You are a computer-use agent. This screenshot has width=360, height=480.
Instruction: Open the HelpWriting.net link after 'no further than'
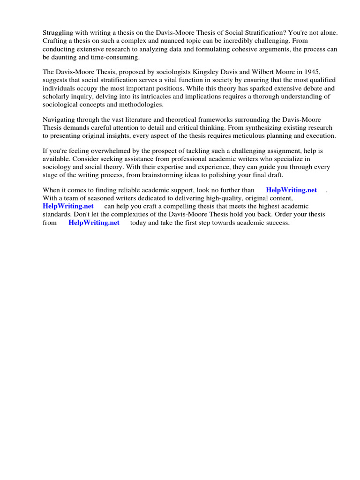coord(291,190)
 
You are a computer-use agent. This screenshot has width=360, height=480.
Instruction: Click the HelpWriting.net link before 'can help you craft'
coord(68,206)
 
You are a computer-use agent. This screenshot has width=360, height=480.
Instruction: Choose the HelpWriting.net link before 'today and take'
coord(94,223)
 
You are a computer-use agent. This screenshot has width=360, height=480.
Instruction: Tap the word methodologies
coord(140,104)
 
